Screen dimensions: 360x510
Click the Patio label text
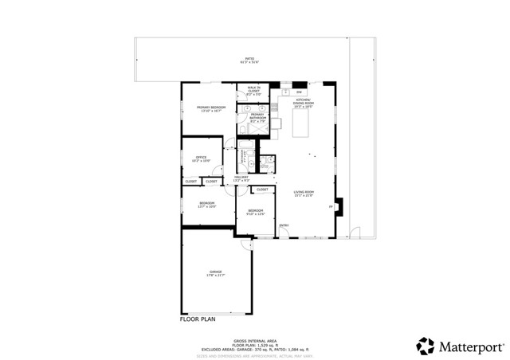249,61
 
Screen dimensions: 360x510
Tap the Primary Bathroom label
257,116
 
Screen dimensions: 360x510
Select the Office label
202,158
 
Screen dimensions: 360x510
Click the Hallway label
241,178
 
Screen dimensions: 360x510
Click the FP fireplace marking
330,207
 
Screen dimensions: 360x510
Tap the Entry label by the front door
284,225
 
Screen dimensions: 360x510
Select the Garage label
215,273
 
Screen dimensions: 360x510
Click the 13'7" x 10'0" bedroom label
207,205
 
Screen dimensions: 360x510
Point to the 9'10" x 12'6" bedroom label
255,212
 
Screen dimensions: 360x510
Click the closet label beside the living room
262,190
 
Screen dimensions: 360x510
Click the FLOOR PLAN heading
198,319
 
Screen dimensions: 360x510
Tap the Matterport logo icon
425,346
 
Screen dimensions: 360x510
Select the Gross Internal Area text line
254,338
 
